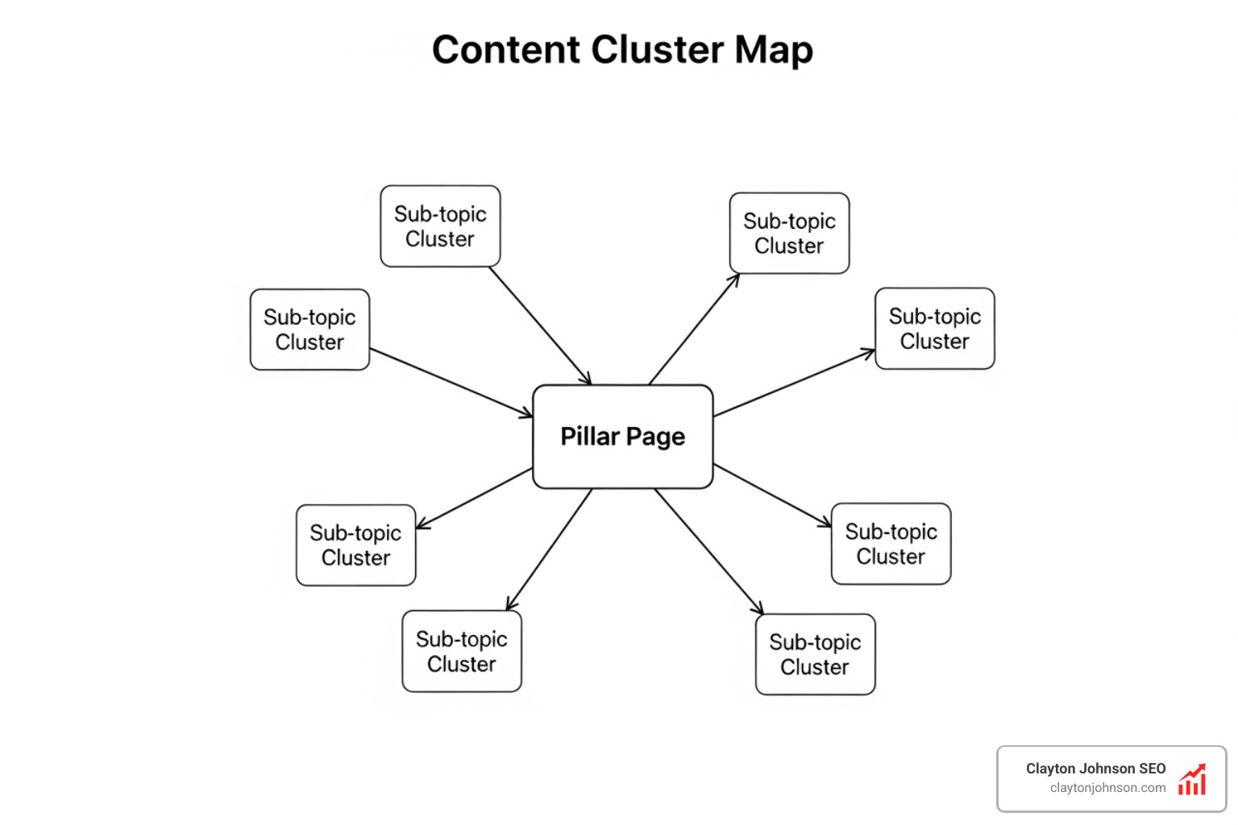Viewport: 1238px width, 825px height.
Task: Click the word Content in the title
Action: point(506,50)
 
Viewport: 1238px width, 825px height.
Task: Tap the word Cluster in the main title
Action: point(657,50)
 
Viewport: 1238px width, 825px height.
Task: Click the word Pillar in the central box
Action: point(589,436)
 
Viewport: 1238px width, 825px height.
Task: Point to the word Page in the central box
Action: point(655,437)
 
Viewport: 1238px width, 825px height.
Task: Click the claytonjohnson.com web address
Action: point(1107,788)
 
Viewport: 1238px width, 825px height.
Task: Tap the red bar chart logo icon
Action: point(1192,780)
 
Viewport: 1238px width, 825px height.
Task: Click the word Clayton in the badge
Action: point(1050,769)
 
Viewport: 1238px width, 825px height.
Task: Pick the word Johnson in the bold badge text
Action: point(1107,769)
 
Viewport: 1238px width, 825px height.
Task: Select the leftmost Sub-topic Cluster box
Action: point(309,330)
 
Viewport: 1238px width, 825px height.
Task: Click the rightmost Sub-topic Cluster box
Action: point(935,329)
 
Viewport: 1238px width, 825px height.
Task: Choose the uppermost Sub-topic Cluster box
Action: point(440,226)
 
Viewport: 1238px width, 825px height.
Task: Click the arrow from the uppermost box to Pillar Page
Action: point(540,325)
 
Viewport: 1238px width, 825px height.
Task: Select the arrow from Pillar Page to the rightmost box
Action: point(794,383)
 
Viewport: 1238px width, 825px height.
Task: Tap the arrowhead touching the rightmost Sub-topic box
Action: point(869,352)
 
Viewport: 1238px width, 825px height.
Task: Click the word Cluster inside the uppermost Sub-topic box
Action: point(440,239)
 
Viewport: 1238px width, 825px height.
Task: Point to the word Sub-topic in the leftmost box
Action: point(309,317)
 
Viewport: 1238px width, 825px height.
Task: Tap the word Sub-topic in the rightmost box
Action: point(935,317)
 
